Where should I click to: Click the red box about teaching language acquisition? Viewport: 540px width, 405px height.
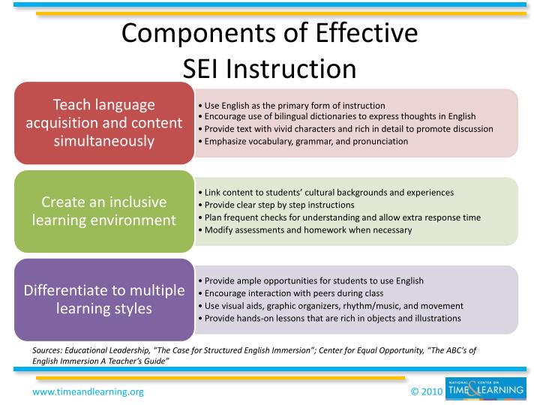(x=104, y=122)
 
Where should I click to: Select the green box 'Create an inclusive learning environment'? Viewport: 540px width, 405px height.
(x=104, y=211)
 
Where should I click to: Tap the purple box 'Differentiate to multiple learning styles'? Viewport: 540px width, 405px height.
(x=104, y=298)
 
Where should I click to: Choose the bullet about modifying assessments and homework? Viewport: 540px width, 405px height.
(x=307, y=229)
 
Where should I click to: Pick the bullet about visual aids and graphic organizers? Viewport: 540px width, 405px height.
(x=334, y=306)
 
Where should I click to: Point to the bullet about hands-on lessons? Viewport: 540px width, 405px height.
(x=331, y=318)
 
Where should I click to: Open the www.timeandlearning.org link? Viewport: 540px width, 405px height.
(x=88, y=391)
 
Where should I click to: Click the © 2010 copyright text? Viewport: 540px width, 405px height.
(x=424, y=391)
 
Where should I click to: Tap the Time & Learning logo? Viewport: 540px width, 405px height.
(x=484, y=389)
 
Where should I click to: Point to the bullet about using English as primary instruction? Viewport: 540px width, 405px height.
(x=295, y=105)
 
